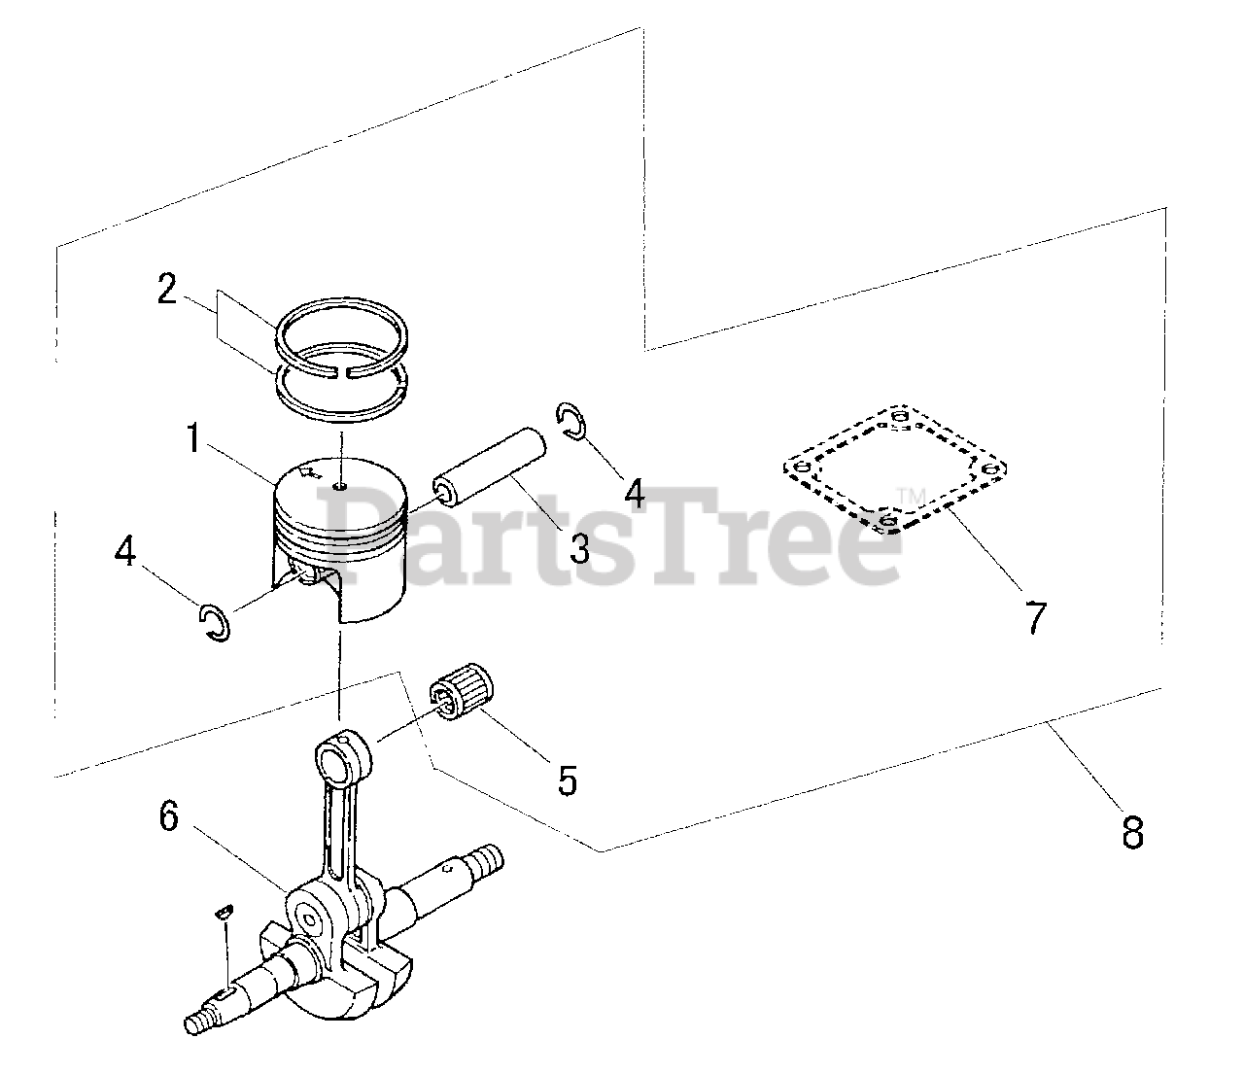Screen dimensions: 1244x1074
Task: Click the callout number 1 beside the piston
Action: pyautogui.click(x=193, y=439)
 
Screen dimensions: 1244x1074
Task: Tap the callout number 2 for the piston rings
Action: pyautogui.click(x=167, y=290)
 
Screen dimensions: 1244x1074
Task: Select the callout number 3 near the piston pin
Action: pyautogui.click(x=579, y=548)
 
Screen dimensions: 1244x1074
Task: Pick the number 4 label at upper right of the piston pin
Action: pyautogui.click(x=634, y=493)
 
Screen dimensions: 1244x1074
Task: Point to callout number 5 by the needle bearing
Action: pyautogui.click(x=567, y=779)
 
